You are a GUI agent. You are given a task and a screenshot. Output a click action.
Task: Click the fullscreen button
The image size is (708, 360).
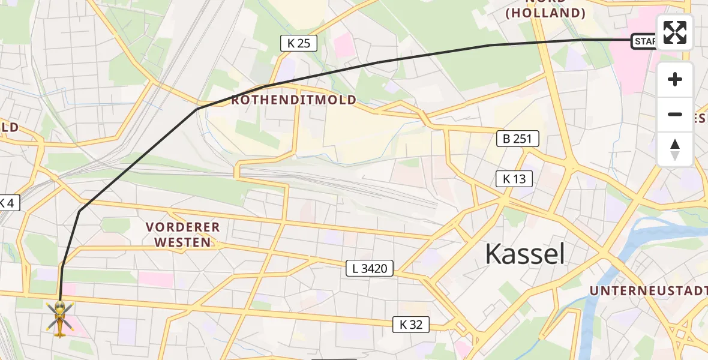tap(675, 32)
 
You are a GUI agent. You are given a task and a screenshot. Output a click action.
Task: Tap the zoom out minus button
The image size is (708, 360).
tap(675, 115)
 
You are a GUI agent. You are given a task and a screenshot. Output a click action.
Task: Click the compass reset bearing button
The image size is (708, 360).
tap(675, 149)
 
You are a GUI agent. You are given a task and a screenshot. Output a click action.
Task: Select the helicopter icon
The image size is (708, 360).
tap(60, 317)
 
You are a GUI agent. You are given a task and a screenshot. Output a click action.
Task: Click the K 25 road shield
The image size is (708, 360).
tap(298, 43)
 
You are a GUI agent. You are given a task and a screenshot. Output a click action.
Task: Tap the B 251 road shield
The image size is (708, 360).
tap(518, 139)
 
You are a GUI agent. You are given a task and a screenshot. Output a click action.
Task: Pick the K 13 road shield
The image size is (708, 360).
tap(514, 178)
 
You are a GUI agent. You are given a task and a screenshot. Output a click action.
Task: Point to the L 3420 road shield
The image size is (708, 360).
tap(370, 269)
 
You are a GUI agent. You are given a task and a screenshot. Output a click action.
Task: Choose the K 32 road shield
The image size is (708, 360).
tap(411, 325)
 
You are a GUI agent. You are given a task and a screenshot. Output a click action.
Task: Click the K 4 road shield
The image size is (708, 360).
tap(8, 203)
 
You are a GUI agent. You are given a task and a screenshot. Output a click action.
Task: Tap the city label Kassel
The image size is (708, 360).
tap(525, 254)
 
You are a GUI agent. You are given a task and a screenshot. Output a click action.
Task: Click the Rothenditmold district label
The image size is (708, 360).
tap(294, 100)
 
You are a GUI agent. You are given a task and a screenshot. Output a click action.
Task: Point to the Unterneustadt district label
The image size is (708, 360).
tap(648, 291)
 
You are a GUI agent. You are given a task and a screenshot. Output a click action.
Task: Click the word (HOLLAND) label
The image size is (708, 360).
tap(545, 13)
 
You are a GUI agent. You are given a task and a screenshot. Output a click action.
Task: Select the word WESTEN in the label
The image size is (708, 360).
tap(183, 242)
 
